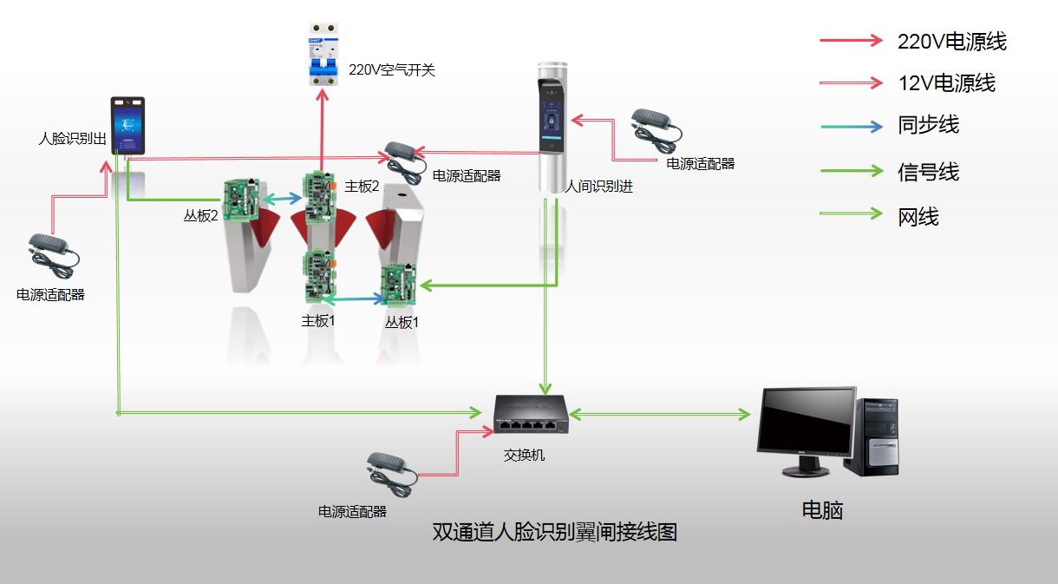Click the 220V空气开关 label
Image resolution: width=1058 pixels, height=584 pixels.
click(392, 70)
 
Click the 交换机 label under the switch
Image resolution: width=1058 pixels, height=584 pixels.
click(525, 454)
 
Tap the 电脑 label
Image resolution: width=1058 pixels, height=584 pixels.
click(822, 509)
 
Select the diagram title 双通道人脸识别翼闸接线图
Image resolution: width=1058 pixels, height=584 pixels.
click(554, 532)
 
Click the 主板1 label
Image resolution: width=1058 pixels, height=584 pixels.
click(318, 320)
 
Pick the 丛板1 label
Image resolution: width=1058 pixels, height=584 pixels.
click(402, 322)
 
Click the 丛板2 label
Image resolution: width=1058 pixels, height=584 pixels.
click(200, 216)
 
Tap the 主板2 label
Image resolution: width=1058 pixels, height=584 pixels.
click(362, 186)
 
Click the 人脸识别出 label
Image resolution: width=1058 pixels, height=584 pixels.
click(74, 138)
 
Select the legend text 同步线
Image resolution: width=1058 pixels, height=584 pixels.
click(928, 125)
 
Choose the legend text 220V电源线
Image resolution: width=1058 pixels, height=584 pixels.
click(951, 41)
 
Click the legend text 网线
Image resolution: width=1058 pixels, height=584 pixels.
click(918, 217)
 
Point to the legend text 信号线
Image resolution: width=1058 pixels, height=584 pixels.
click(928, 172)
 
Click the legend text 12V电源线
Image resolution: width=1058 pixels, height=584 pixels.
click(946, 83)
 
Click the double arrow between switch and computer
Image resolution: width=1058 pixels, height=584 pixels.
click(660, 415)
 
